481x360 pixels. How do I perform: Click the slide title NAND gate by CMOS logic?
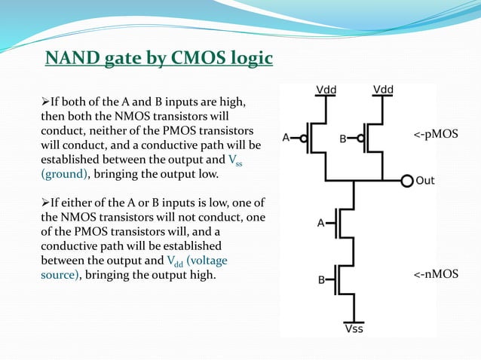(158, 59)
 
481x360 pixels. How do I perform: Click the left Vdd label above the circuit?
(326, 90)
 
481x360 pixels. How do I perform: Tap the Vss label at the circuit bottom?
(354, 328)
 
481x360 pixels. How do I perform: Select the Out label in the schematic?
(426, 181)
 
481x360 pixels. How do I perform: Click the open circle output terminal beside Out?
(407, 181)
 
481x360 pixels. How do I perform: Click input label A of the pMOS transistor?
(287, 138)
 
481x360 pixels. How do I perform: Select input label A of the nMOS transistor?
(320, 223)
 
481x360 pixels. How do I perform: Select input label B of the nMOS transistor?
(320, 280)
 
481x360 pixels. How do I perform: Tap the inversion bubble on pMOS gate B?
(360, 138)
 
